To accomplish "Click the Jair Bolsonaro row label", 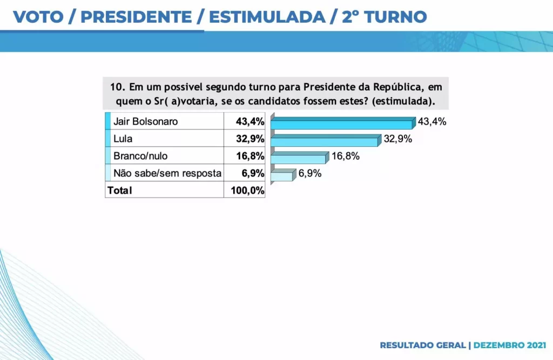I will point(145,121).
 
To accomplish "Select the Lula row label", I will point(123,139).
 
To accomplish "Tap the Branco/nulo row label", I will point(140,156).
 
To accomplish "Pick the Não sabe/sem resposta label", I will point(167,173).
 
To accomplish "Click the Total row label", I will point(119,190).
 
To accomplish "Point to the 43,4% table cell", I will point(249,121).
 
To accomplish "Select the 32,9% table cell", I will point(249,139).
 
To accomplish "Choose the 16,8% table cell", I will point(249,156).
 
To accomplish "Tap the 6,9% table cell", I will point(253,173).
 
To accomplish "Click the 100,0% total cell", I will point(247,190).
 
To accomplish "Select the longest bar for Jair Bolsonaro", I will point(341,124).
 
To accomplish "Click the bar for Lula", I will point(323,141).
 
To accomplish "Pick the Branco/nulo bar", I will point(298,159).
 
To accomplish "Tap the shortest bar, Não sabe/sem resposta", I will point(281,176).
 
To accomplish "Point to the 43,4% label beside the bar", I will point(432,121).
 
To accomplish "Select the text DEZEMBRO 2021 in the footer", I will point(510,344).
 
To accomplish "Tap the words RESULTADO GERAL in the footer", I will point(423,344).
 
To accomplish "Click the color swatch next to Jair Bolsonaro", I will point(107,121).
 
